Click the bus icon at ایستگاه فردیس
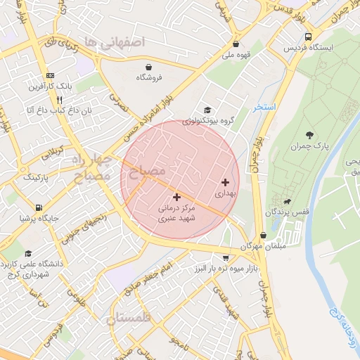[x=308, y=37]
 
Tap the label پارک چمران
[x=309, y=146]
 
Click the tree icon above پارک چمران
[x=309, y=134]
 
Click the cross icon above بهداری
[x=225, y=181]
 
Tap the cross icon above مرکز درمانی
[x=176, y=197]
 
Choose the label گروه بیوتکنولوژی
[x=207, y=121]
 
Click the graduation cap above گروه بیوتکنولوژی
[x=207, y=110]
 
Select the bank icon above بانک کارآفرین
[x=49, y=76]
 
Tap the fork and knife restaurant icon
[x=49, y=100]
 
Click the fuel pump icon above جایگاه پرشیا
[x=38, y=208]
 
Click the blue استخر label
[x=265, y=108]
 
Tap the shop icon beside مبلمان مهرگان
[x=263, y=236]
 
